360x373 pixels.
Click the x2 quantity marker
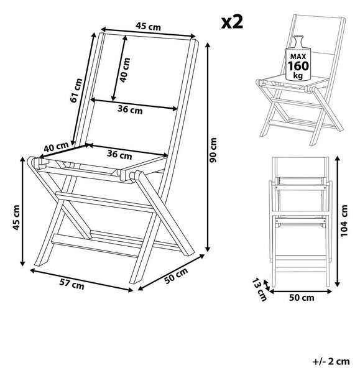point(232,22)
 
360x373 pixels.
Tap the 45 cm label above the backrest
point(148,26)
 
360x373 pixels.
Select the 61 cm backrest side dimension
point(76,90)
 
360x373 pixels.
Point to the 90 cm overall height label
point(213,150)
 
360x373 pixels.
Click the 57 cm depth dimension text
point(72,284)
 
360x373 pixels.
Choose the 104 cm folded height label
point(344,221)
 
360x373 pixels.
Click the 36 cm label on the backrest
point(130,109)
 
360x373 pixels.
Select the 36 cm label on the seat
point(119,155)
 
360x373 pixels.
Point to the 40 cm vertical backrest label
point(125,70)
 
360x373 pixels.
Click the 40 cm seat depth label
point(56,147)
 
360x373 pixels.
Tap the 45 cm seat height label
point(16,218)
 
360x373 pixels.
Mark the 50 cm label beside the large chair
point(177,275)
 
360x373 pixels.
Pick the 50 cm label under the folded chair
point(302,298)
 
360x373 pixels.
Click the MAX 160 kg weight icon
point(298,58)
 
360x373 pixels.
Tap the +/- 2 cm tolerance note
point(331,362)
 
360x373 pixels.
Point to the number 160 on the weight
point(298,66)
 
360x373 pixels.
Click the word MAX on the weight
point(298,57)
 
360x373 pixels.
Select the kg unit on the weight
point(298,76)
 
